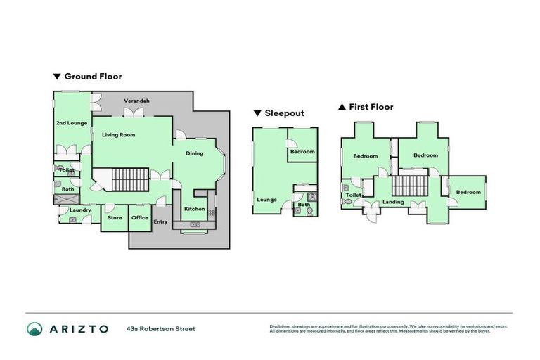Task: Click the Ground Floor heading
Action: tap(93, 76)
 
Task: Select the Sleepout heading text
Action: tap(283, 112)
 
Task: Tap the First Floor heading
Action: tap(371, 107)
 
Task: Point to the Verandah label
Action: tap(136, 101)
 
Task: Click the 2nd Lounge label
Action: tap(71, 123)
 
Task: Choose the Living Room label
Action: tap(118, 134)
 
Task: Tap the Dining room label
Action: tap(195, 153)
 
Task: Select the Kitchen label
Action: tap(194, 209)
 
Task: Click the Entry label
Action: tap(160, 222)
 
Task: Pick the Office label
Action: tap(140, 217)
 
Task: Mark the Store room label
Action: tap(115, 217)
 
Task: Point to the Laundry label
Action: tap(80, 210)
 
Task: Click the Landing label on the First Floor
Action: tap(393, 202)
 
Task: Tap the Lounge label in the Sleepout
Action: tap(266, 200)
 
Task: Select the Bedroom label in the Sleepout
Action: tap(302, 151)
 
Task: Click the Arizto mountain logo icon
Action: tap(35, 329)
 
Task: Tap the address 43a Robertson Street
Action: tap(161, 328)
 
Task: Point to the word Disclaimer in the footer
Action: tap(282, 326)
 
